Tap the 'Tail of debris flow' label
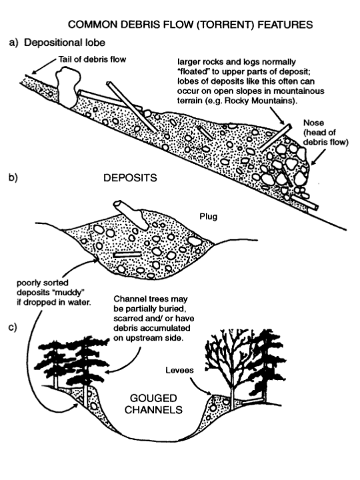(92, 59)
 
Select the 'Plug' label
(209, 217)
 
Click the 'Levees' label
(180, 371)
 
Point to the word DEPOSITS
(130, 178)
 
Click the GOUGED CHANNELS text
(153, 404)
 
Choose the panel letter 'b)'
(13, 178)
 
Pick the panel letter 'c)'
(13, 327)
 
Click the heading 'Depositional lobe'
(65, 43)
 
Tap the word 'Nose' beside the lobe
(313, 123)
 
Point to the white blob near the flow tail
(67, 87)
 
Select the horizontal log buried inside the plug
(127, 255)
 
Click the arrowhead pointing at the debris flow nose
(313, 163)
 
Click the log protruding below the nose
(305, 203)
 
